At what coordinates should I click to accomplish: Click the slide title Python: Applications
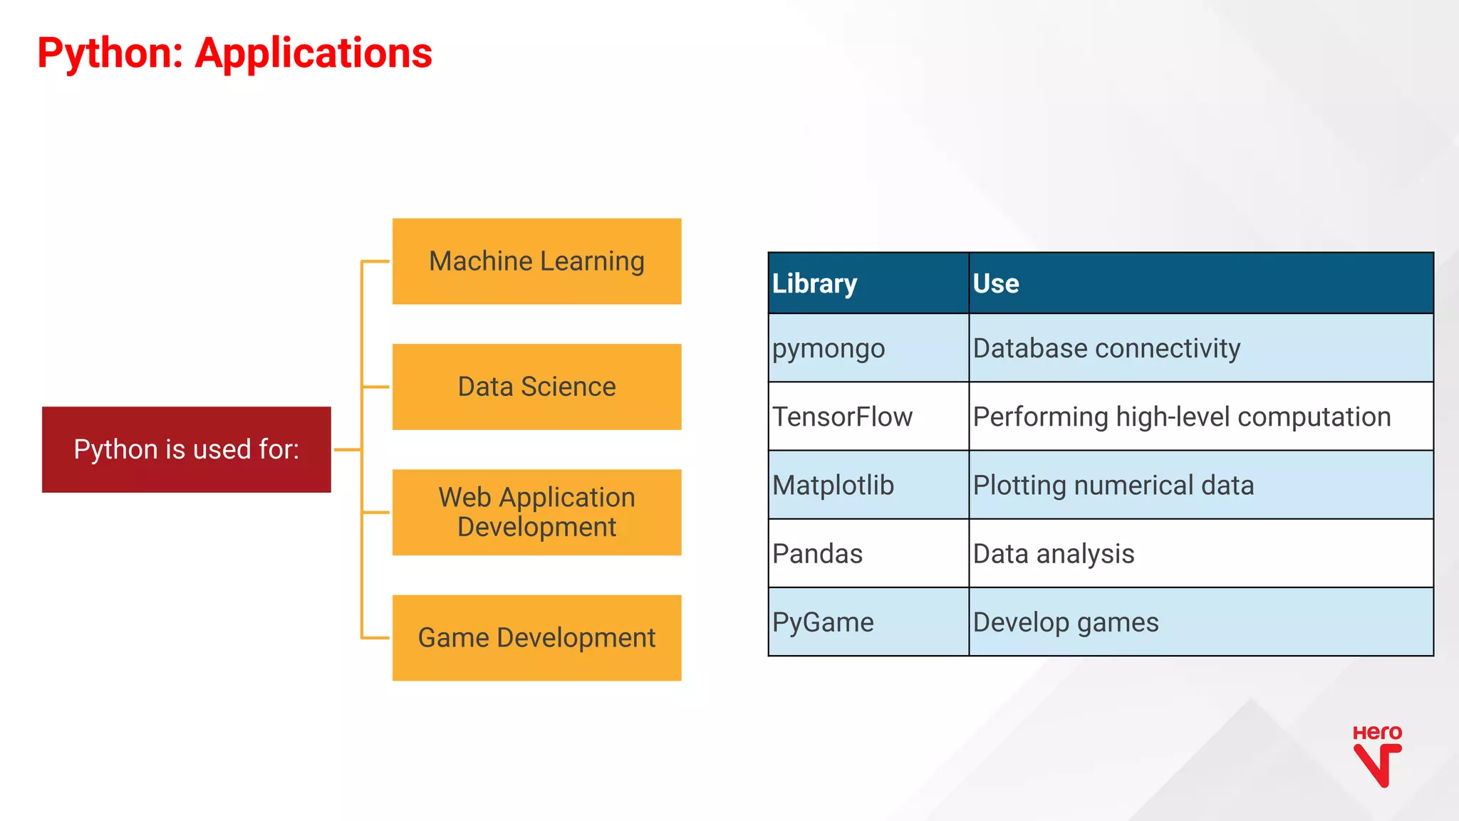[234, 53]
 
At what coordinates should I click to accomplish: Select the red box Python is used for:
[187, 449]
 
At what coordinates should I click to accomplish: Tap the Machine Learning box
[536, 261]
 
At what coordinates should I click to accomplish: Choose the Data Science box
[536, 387]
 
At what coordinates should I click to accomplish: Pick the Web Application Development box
[536, 512]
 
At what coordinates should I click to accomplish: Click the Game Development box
[536, 637]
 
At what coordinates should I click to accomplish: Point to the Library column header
[868, 283]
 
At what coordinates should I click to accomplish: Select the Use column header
[1200, 283]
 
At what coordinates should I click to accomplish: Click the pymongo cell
[868, 348]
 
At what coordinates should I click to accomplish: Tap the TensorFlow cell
[868, 417]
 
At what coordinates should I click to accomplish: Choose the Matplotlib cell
[868, 485]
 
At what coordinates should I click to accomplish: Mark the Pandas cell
[868, 553]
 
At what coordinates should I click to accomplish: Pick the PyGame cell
[868, 622]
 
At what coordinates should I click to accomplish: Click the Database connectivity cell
[1200, 348]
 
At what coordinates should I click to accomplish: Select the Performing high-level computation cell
[1200, 417]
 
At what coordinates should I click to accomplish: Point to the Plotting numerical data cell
[1200, 485]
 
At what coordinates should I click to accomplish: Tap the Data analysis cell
[1200, 553]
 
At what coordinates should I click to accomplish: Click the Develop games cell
[1200, 622]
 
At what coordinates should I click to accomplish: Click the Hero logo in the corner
[1376, 756]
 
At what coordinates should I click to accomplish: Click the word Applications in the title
[313, 53]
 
